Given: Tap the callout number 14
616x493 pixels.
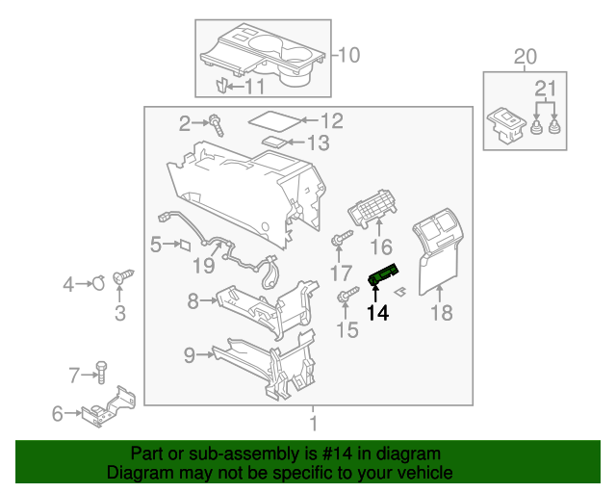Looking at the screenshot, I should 379,313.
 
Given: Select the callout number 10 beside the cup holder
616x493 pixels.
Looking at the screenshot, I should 347,55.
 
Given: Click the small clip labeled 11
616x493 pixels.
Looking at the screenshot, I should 219,87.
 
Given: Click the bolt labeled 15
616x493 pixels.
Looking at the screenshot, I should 344,298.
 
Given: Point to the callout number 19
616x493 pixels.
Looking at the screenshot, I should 202,265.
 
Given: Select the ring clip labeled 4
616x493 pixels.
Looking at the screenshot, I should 97,283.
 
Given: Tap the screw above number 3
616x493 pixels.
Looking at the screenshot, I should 122,278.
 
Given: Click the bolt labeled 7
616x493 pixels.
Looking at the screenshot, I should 101,370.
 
